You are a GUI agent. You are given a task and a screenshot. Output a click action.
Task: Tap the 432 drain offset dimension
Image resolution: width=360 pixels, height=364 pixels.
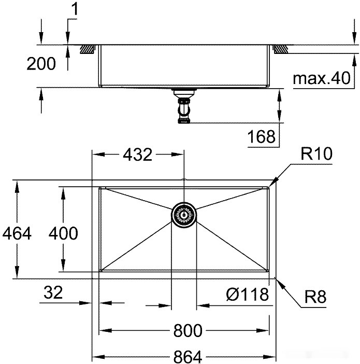coord(138,154)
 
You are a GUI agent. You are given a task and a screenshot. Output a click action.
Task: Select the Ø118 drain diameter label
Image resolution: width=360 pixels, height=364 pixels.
coord(247,295)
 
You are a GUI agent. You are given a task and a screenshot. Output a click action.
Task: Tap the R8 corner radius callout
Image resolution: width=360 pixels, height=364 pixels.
coord(315,298)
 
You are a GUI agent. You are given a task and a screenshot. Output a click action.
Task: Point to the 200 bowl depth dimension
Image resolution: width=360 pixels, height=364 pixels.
coord(41,64)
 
